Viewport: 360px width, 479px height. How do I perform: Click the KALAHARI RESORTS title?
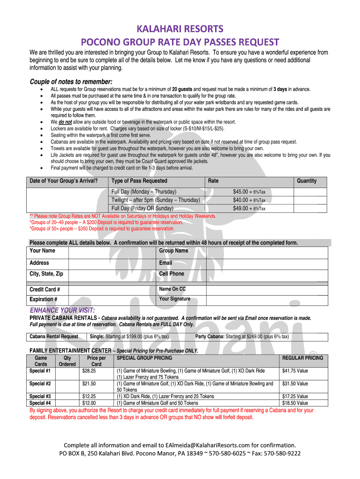(180, 29)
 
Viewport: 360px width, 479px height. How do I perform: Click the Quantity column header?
(307, 181)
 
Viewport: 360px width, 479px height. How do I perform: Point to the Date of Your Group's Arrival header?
(64, 181)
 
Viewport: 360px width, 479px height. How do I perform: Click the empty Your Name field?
(112, 251)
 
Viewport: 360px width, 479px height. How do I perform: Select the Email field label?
(166, 263)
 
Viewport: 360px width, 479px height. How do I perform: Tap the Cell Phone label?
(172, 274)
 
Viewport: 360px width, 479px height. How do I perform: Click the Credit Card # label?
(44, 290)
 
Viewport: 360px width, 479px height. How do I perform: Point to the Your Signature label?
(174, 299)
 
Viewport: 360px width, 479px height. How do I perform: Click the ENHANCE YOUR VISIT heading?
(62, 311)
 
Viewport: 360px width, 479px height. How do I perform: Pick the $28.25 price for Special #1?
(89, 371)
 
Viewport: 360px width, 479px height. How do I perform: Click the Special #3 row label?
(40, 397)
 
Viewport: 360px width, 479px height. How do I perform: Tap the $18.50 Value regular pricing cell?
(295, 403)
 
